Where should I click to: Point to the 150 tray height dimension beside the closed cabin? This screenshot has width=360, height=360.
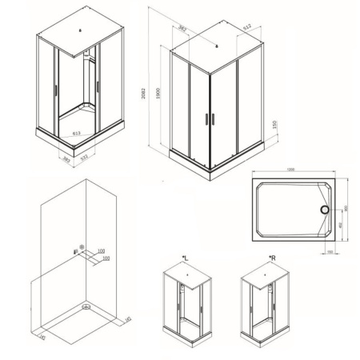[x=275, y=128]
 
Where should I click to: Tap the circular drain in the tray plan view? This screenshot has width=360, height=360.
[x=325, y=210]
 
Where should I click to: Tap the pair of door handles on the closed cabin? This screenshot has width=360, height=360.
[x=210, y=118]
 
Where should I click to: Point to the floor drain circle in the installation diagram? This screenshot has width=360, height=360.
[x=84, y=305]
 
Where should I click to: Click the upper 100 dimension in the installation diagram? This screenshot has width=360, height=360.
[x=101, y=251]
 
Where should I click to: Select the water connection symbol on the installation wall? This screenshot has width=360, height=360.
[x=81, y=250]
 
